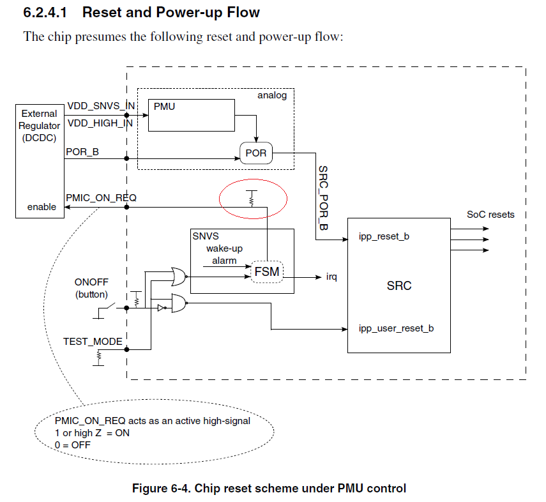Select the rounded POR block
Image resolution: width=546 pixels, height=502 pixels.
tap(256, 153)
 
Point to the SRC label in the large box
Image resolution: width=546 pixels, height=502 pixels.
tap(398, 285)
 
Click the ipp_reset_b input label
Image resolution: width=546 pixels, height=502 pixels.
tap(384, 236)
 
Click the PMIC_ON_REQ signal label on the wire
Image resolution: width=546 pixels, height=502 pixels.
tap(101, 197)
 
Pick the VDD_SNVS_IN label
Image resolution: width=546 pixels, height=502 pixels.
tap(100, 106)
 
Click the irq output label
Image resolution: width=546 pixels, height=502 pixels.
tap(330, 277)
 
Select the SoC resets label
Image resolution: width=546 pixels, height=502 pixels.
tap(490, 214)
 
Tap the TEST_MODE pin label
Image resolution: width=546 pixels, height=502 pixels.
tap(93, 341)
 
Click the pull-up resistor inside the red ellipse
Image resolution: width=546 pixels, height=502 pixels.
tap(251, 200)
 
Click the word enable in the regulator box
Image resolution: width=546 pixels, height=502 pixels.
tap(42, 207)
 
